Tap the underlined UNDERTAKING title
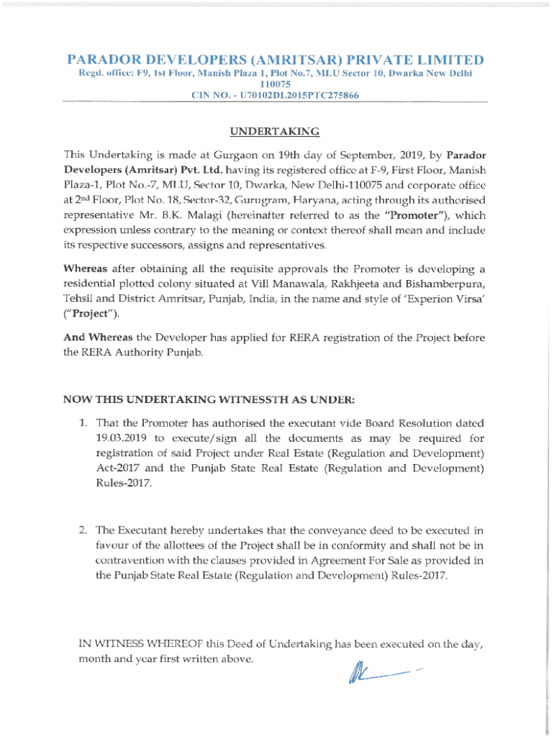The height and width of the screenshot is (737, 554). (274, 131)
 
